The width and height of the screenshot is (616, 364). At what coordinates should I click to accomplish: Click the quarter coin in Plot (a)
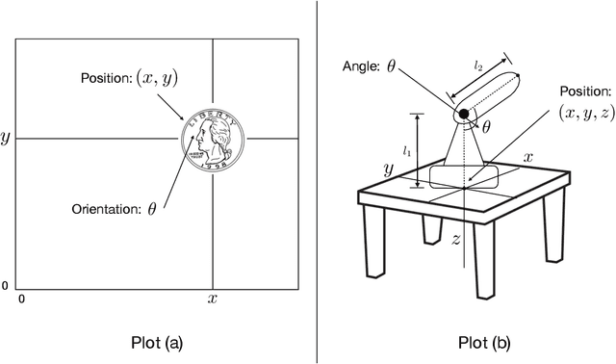(x=213, y=139)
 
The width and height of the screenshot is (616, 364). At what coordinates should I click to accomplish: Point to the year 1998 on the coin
(x=214, y=166)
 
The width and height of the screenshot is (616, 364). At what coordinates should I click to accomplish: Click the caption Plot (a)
(x=157, y=343)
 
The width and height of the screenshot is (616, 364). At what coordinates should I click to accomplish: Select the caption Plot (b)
(x=484, y=343)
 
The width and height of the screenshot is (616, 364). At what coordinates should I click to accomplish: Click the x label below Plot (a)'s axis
(x=212, y=299)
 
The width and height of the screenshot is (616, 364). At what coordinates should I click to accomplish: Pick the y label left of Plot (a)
(x=5, y=139)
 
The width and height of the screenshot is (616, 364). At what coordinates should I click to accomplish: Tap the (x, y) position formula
(x=157, y=77)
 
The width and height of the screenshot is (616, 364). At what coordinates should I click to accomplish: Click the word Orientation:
(x=106, y=209)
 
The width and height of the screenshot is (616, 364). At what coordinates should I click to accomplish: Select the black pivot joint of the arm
(x=464, y=114)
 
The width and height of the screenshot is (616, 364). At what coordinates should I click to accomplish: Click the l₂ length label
(x=477, y=66)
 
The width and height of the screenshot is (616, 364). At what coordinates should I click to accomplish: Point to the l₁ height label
(x=406, y=151)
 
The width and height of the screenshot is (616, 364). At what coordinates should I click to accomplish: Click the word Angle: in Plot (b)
(x=361, y=66)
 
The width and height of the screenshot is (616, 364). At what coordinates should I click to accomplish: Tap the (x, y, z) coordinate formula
(x=586, y=113)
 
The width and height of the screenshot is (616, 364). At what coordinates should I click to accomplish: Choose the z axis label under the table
(x=455, y=239)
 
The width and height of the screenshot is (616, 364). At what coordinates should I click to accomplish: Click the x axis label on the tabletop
(x=528, y=158)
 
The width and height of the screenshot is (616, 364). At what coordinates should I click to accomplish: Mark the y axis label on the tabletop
(x=388, y=170)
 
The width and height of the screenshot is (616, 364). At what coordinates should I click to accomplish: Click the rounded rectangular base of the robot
(x=464, y=176)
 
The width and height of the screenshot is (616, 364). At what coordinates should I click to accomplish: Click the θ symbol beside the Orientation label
(x=152, y=209)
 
